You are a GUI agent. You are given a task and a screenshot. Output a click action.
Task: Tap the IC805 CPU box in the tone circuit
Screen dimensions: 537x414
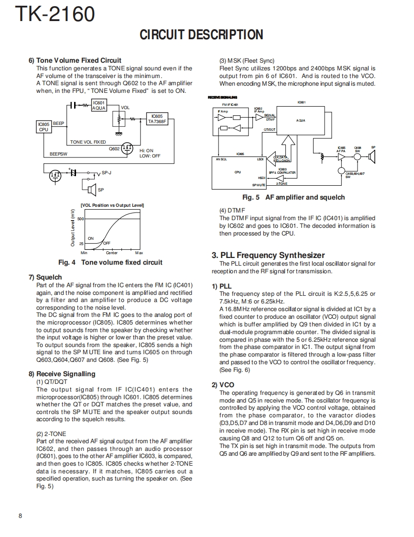[44, 126]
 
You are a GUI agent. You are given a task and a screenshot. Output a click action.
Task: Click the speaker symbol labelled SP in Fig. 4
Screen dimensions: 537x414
[92, 190]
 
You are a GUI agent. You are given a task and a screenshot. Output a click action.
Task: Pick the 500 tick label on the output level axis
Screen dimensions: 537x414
[80, 219]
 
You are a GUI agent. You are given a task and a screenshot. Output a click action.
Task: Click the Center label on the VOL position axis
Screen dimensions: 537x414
[111, 253]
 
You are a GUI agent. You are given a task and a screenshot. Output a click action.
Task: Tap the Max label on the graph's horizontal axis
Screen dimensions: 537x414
[139, 253]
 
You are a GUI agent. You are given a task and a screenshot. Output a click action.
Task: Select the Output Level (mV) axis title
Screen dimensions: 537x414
[73, 228]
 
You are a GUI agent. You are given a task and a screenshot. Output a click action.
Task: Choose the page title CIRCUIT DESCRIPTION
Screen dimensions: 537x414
[201, 35]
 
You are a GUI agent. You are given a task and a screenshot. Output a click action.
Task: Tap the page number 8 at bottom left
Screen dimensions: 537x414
[20, 515]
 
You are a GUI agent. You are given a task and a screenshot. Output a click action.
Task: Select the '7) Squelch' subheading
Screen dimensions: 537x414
[45, 277]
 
